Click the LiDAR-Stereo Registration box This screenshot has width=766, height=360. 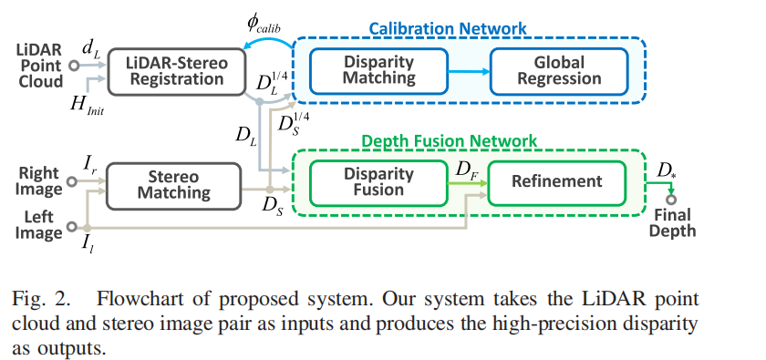(x=176, y=70)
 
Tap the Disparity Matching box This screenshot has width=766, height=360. (x=378, y=70)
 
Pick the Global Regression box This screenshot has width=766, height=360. (x=559, y=70)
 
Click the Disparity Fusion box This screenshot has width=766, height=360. (x=378, y=181)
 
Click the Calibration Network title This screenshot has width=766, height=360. (x=447, y=28)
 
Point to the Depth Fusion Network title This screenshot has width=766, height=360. (x=450, y=141)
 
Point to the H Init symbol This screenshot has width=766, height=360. (x=87, y=103)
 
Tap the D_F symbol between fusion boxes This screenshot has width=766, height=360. (x=465, y=169)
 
